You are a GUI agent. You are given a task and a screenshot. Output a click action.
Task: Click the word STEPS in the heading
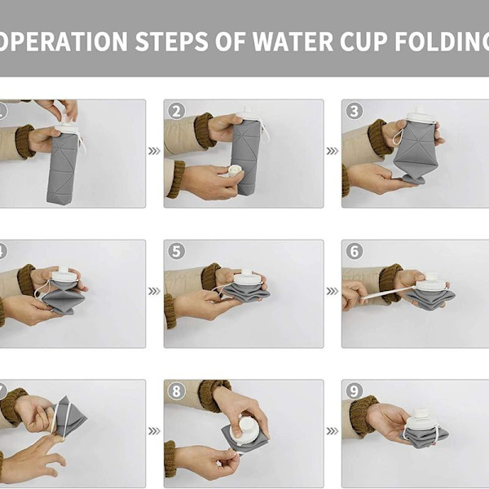click(x=171, y=42)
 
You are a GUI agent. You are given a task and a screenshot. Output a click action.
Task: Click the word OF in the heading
click(x=230, y=42)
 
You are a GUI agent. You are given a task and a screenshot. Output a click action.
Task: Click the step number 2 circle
click(x=177, y=112)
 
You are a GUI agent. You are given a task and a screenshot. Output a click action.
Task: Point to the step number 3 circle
click(x=355, y=111)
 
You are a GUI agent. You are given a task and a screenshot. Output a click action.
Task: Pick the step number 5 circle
click(x=177, y=251)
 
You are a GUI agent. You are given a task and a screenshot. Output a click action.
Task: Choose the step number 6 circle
click(x=355, y=251)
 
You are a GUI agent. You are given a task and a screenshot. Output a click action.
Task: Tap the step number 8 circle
click(x=177, y=391)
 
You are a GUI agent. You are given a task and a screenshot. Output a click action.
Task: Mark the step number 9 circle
click(x=355, y=391)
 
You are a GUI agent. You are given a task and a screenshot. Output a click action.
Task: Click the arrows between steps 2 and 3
click(x=333, y=152)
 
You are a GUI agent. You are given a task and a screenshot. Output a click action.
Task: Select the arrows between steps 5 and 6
click(x=333, y=291)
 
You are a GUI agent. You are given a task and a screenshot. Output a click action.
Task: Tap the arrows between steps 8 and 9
click(x=333, y=431)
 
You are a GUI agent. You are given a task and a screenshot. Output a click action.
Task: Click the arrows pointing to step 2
click(x=154, y=152)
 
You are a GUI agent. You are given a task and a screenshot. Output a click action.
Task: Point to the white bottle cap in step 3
click(x=421, y=114)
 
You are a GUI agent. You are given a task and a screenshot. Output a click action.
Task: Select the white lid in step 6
click(x=432, y=282)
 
